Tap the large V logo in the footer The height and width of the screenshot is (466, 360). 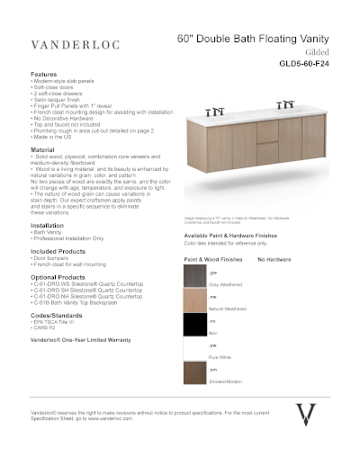(306, 416)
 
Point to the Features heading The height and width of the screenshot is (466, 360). (44, 74)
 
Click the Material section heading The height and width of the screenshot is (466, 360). (43, 148)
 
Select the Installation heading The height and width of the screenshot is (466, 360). (48, 225)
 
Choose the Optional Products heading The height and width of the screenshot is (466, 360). (58, 277)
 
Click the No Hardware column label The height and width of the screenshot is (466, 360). (275, 258)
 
